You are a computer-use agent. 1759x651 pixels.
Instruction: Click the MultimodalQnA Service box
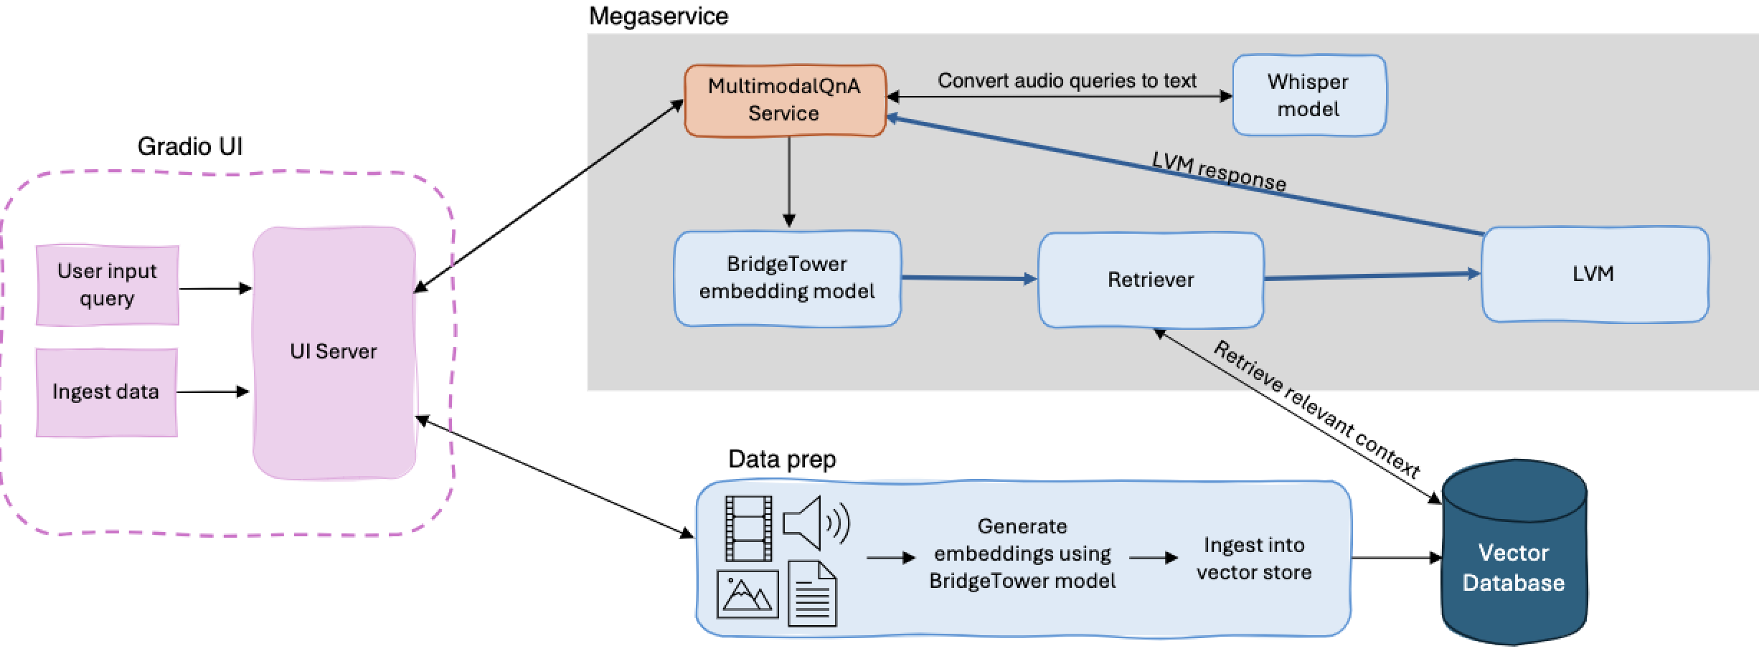coord(785,100)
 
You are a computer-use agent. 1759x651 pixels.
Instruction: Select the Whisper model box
coord(1308,95)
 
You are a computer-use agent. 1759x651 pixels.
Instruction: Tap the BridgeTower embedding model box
coord(787,278)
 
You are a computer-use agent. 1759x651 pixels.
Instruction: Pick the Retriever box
coord(1151,280)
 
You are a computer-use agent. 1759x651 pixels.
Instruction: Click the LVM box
coord(1594,275)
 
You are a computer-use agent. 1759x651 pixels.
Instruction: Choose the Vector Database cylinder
coord(1514,559)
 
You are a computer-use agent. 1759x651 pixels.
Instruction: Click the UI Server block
coord(334,352)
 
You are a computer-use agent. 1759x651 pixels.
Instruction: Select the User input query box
coord(108,285)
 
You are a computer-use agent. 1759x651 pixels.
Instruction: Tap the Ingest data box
coord(106,392)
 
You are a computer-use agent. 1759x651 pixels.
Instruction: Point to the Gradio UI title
coord(190,147)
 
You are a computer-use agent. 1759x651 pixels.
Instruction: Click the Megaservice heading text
coord(658,16)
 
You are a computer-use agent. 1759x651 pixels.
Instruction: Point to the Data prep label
coord(782,459)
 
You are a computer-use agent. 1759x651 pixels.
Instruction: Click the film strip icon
coord(748,528)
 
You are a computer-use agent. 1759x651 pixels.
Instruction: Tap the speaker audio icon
coord(815,523)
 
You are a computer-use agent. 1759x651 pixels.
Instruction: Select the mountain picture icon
coord(748,594)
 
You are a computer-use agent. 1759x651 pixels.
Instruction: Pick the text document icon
coord(812,594)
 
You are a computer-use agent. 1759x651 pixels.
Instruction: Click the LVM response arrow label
coord(1219,172)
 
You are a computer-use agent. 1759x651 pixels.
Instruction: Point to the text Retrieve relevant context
coord(1316,409)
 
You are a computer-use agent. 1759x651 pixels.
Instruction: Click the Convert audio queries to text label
coord(1067,80)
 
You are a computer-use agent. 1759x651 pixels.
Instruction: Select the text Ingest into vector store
coord(1254,559)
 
